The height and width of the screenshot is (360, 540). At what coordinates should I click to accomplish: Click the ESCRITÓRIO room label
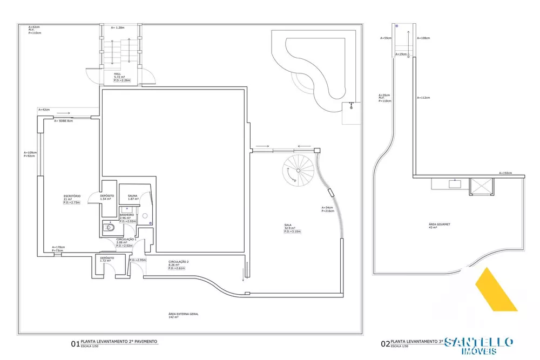[72, 195]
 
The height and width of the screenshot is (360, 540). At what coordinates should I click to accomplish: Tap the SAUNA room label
[132, 196]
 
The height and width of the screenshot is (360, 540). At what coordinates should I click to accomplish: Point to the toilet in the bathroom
[110, 228]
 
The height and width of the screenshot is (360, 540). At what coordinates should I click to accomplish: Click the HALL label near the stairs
[117, 74]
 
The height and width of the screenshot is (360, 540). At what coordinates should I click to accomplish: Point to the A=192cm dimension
[518, 173]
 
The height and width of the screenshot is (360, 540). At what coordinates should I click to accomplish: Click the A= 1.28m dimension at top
[118, 27]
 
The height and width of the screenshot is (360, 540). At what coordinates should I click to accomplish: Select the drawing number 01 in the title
[75, 343]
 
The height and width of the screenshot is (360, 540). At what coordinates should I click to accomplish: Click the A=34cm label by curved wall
[328, 208]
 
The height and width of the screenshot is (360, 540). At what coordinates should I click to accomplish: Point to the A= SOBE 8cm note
[63, 121]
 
